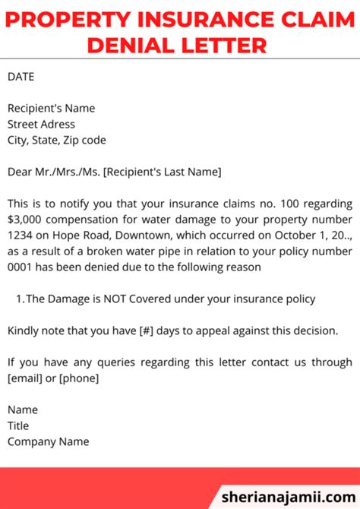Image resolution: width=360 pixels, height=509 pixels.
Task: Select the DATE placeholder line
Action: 21,77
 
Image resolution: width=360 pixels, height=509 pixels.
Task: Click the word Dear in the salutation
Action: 21,172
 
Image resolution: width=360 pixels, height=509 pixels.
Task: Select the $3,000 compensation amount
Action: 26,220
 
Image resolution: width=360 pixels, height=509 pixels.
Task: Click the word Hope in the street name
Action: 74,236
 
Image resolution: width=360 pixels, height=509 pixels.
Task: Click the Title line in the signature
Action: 19,426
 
